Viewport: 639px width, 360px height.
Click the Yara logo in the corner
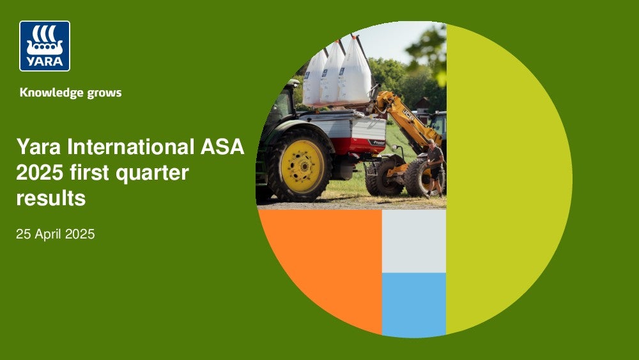45,46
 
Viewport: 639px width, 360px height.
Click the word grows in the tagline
104,93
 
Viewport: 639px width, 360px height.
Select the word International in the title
131,147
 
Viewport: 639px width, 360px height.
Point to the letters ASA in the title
222,147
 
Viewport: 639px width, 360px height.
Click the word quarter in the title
153,173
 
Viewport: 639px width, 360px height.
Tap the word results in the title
51,199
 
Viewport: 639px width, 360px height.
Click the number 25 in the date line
23,234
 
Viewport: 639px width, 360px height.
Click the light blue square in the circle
413,305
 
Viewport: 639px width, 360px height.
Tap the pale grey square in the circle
413,241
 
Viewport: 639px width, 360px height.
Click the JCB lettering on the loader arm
408,114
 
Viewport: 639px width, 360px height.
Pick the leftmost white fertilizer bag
313,79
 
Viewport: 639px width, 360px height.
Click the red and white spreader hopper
346,133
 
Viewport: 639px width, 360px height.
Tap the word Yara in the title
40,147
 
